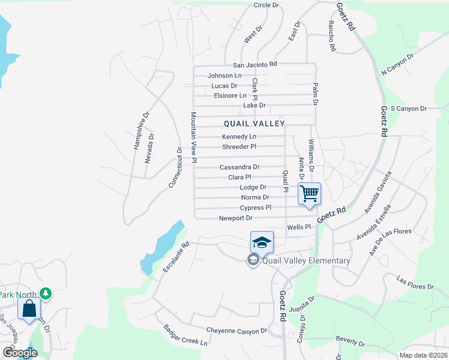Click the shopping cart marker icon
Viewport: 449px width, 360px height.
309,194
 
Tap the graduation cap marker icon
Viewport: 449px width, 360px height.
262,242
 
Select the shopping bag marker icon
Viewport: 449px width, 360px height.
29,309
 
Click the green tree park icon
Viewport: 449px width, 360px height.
45,293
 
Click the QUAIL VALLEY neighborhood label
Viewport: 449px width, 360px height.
254,123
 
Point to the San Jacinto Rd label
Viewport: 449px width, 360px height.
255,64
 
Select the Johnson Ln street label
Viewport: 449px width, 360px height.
224,76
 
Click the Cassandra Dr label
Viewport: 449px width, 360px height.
240,167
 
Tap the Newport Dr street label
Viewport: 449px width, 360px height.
235,218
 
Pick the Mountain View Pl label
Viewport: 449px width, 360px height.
194,137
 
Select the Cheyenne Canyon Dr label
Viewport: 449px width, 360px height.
237,331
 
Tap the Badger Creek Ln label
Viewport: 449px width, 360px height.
185,335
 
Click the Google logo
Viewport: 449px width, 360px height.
19,353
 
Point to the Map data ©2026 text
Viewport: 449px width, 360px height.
423,355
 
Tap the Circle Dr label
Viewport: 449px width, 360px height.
267,5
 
